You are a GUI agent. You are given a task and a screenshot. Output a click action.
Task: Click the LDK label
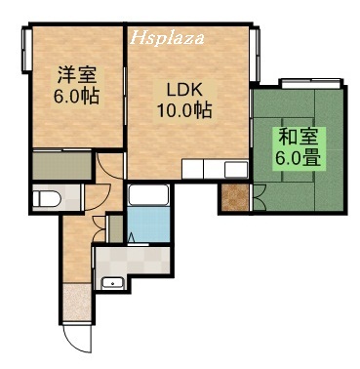[x=182, y=90]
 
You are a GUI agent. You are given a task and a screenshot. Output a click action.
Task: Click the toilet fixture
[x=46, y=199]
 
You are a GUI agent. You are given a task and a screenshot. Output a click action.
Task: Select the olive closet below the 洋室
[x=60, y=165]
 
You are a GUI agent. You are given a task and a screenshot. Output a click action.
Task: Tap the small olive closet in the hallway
[x=115, y=229]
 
